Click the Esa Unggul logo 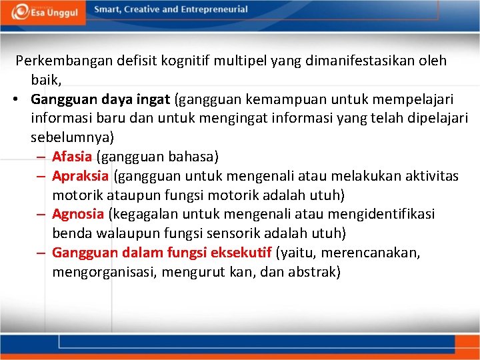[x=45, y=11]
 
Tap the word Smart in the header [x=109, y=9]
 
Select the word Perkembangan [x=64, y=61]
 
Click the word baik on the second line [x=46, y=80]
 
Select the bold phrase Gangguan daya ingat [x=100, y=99]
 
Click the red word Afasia [x=72, y=157]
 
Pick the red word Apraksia [x=80, y=176]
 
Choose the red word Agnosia [x=78, y=214]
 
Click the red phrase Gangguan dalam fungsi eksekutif [x=161, y=253]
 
